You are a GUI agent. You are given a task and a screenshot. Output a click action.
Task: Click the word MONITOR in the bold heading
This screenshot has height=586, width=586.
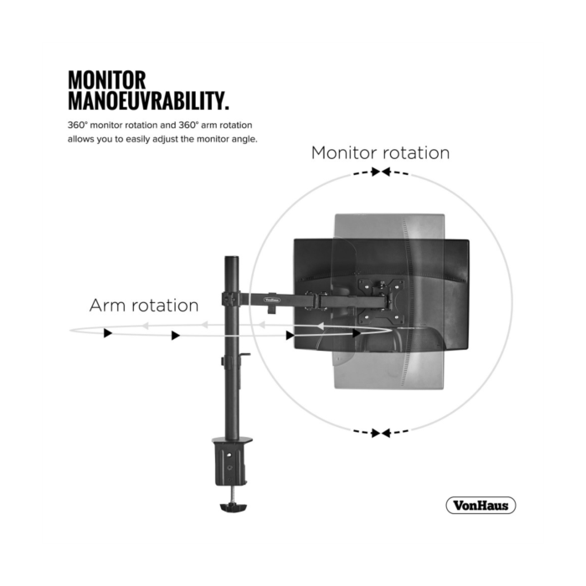(106, 80)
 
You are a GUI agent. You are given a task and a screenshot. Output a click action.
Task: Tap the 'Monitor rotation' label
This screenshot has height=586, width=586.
(380, 153)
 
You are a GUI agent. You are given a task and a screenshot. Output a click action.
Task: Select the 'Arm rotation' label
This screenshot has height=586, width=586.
(144, 306)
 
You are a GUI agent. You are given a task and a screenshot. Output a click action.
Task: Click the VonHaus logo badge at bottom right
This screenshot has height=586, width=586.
(481, 506)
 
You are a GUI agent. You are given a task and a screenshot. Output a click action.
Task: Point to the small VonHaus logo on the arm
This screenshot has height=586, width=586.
(272, 300)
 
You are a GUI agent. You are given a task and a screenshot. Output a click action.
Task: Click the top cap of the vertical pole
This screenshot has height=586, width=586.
(231, 259)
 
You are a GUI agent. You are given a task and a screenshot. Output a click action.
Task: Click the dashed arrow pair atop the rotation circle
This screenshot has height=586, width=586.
(381, 172)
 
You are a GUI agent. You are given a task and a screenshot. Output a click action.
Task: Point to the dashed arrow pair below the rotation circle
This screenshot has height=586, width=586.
(381, 433)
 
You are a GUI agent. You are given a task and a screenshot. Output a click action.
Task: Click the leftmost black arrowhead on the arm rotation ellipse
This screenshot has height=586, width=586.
(108, 333)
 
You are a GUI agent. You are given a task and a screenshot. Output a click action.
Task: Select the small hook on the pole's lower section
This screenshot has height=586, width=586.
(245, 355)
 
